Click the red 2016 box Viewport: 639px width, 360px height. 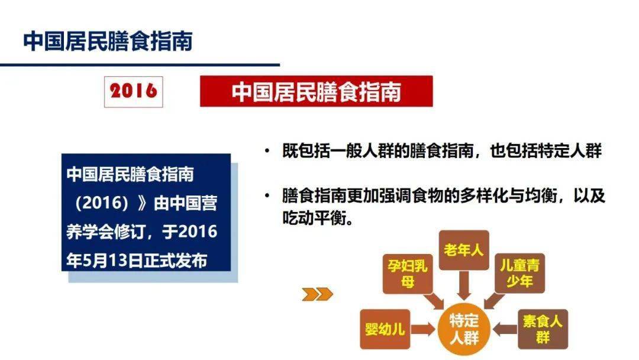pos(133,91)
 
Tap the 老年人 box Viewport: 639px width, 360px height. pos(463,250)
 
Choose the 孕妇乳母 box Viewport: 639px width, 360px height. pos(406,273)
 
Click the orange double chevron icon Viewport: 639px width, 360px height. pos(314,294)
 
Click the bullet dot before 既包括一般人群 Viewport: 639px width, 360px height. pos(268,151)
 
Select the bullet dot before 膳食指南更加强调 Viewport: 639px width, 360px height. pos(268,196)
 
